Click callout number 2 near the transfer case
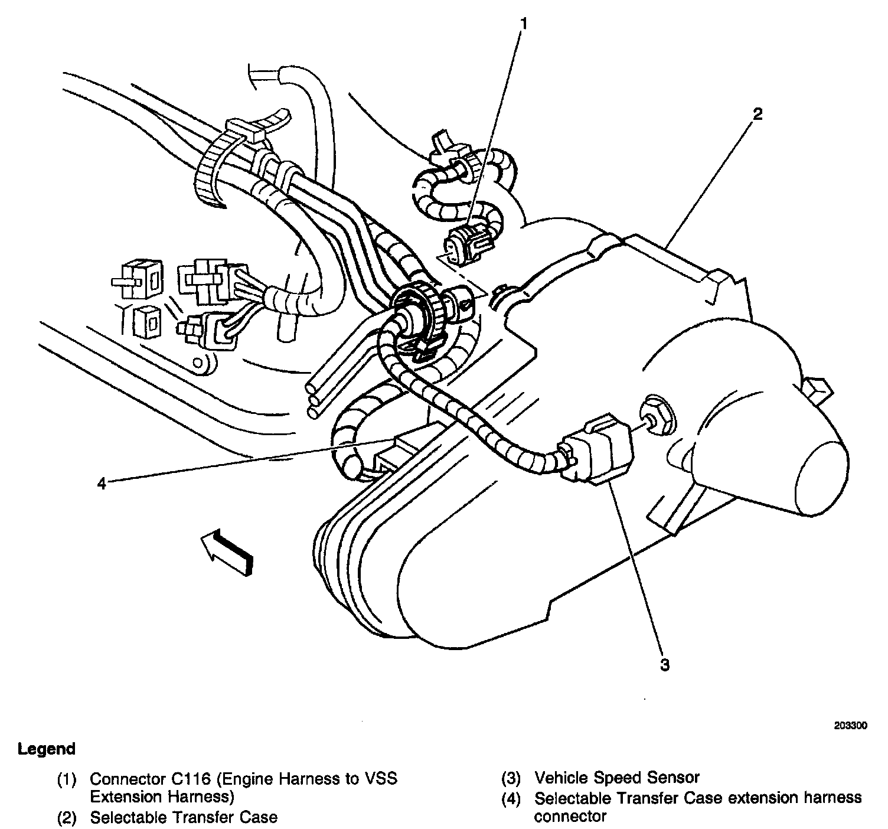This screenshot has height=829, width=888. [758, 114]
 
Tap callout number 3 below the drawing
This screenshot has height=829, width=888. [664, 664]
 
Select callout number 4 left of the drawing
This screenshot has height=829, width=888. [102, 484]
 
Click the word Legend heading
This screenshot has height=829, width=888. [47, 749]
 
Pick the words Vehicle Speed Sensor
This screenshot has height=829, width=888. [616, 778]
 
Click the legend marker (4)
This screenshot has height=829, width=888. [511, 798]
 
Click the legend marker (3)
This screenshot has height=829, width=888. [511, 778]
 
